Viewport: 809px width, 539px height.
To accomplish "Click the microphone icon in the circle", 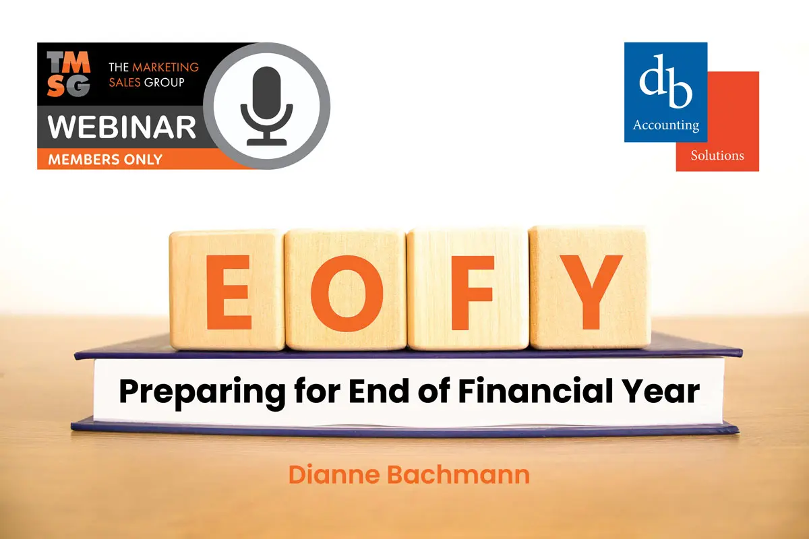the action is (x=266, y=106).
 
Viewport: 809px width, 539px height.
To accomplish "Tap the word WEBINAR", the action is (x=122, y=127).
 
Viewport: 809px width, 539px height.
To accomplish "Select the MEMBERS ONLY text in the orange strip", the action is (x=105, y=159).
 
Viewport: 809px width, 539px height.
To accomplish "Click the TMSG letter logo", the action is (x=68, y=74).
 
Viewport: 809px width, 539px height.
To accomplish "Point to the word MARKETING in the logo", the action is (x=165, y=67).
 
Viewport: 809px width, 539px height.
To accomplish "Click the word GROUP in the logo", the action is (x=164, y=83).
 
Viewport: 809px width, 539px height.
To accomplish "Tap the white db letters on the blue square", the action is (x=665, y=82).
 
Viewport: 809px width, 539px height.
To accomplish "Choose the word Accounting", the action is (x=666, y=125).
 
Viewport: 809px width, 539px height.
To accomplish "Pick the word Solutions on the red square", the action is (x=717, y=156).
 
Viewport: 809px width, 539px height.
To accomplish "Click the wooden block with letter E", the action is (x=227, y=290).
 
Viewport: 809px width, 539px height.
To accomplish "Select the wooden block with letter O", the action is (x=346, y=290).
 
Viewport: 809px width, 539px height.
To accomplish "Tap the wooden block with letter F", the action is (x=468, y=289).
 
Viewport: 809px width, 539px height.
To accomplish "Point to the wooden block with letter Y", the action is (x=590, y=288).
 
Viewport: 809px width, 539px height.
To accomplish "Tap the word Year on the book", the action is (x=662, y=391).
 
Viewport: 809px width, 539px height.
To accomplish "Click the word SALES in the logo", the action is (x=125, y=83).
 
